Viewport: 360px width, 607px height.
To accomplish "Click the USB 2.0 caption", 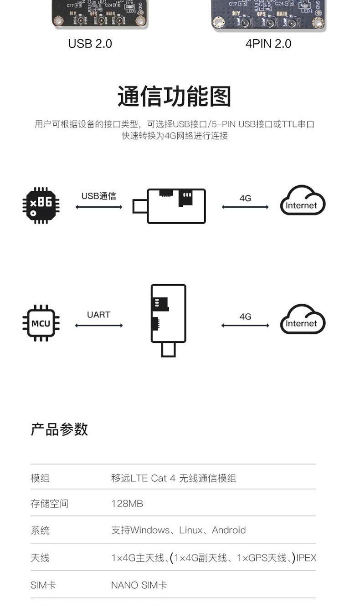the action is coord(90,44).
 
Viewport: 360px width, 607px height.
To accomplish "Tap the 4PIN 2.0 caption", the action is coord(268,44).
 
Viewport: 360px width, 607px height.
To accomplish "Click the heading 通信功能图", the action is coord(175,96).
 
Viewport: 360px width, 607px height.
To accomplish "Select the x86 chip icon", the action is coord(41,205).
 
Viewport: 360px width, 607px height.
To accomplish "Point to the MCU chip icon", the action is coord(41,323).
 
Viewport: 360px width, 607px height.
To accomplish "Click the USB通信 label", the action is coord(98,196).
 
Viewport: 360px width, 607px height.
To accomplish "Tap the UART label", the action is coord(98,315).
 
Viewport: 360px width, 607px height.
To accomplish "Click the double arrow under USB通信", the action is coord(99,207).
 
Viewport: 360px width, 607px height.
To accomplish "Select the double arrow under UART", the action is coord(99,326).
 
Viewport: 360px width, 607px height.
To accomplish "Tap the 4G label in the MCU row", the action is coord(245,316).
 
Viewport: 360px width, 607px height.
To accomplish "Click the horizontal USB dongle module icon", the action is coord(170,206).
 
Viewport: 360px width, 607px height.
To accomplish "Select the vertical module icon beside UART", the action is coord(168,319).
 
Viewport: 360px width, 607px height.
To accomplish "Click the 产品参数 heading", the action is coord(59,429).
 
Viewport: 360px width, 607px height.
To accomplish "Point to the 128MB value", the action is coord(127,504).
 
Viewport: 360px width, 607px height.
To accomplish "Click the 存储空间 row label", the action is coord(49,504).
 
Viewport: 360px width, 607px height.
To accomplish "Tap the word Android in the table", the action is coord(229,530).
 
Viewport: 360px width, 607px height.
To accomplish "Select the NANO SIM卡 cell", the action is coord(139,585).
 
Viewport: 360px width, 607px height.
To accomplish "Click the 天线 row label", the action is coord(40,558).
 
